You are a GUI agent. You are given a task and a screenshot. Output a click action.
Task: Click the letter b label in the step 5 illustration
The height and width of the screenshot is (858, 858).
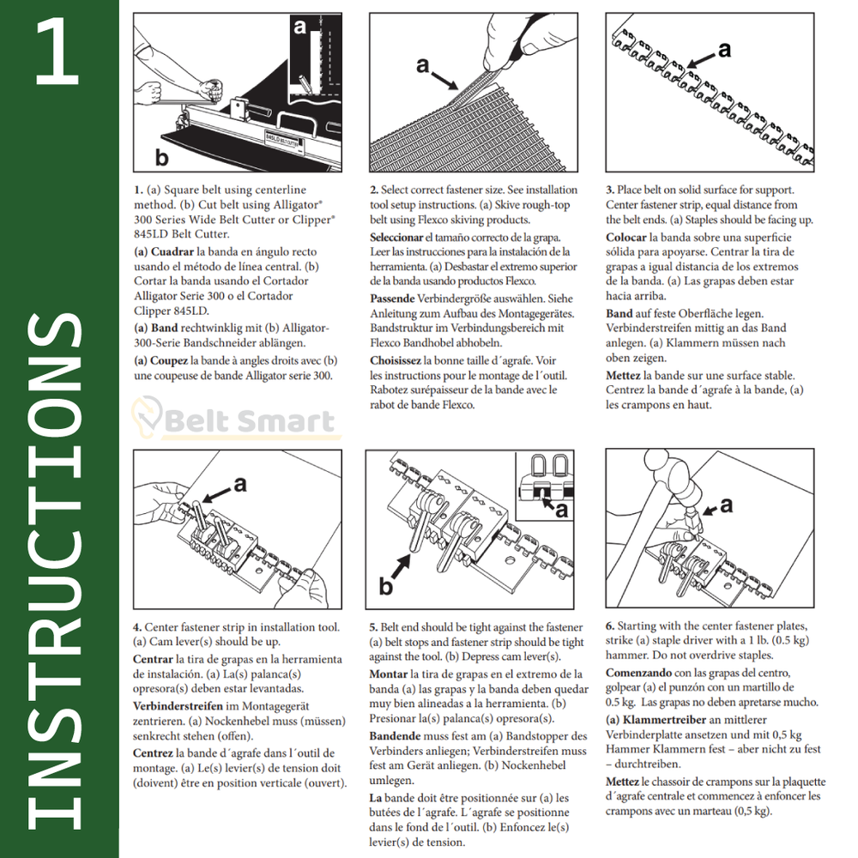click(x=387, y=586)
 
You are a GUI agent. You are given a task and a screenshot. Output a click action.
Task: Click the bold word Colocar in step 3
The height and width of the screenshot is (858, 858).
click(x=626, y=237)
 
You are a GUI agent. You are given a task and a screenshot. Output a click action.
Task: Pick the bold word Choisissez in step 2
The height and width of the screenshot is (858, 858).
click(x=396, y=361)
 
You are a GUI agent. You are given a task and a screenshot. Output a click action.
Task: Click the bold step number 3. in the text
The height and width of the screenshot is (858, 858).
click(x=609, y=190)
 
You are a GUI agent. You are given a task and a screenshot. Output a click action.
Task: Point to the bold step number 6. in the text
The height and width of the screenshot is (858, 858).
click(x=610, y=626)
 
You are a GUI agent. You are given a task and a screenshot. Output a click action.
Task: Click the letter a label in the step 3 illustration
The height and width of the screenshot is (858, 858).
click(x=724, y=50)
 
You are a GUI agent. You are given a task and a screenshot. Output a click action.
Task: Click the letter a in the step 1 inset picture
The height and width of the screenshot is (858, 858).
click(x=299, y=27)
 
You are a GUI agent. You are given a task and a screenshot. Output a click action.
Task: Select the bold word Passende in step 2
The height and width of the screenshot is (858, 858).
click(x=391, y=299)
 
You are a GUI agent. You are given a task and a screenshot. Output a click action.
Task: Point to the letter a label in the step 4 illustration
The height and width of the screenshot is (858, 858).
click(x=240, y=485)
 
